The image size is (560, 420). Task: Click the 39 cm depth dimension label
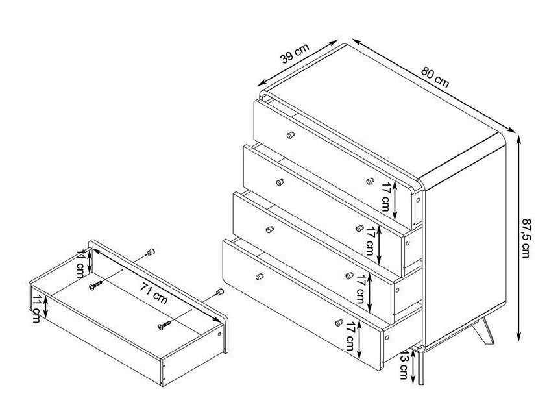coord(295,53)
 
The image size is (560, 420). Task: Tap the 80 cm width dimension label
coord(435,77)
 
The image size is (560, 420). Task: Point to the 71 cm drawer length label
coord(154,293)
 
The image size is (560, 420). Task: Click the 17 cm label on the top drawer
coord(385,197)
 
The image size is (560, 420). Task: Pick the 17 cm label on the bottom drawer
coord(350,336)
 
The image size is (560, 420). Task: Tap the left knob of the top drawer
coord(291,135)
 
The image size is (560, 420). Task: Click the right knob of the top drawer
coord(371,181)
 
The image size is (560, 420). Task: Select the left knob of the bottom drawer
coord(260,277)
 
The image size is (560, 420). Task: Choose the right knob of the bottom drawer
coord(339,323)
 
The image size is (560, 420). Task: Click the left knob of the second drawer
coord(280,182)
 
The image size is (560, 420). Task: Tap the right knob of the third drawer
coord(350,275)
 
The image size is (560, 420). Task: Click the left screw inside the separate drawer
coord(95,285)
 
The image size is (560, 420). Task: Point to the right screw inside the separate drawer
coord(165,325)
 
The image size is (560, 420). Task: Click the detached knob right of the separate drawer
coord(219,292)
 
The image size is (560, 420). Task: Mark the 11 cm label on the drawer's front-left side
coord(36,308)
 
